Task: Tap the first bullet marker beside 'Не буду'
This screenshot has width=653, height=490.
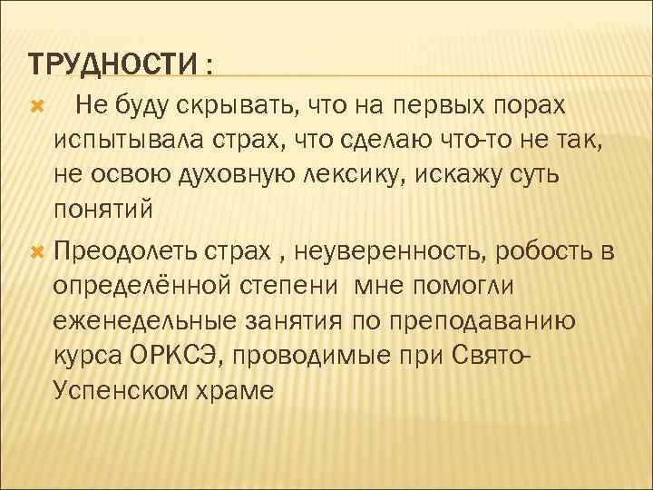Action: (37, 108)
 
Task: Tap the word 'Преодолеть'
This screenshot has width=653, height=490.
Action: (134, 250)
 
